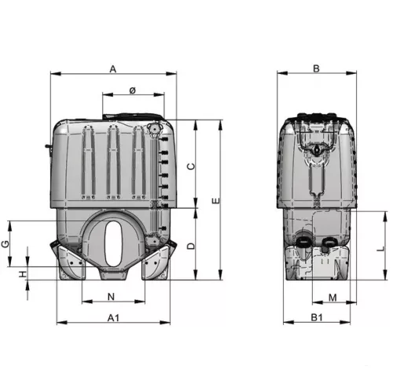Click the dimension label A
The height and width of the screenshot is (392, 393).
point(112,69)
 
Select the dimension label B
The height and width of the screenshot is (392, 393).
point(317,68)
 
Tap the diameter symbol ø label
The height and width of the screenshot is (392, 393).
point(133,91)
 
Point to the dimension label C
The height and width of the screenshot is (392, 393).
point(192,166)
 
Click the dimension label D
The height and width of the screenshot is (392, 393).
point(192,246)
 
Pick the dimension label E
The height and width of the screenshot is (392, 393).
point(216,201)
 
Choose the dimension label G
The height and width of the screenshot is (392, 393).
point(6,244)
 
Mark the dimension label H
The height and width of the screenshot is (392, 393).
point(23,274)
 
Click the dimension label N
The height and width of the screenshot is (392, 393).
point(112,297)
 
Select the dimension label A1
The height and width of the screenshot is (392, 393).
point(113,318)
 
